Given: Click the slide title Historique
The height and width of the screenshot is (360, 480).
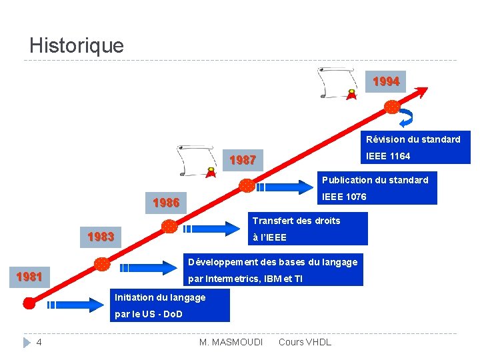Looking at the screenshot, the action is click(x=77, y=46).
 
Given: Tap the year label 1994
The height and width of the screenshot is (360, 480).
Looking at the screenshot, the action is click(x=386, y=82).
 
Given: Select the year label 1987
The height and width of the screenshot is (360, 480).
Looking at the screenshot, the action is click(x=243, y=161).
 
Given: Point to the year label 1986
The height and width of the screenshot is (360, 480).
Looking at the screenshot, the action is click(x=166, y=203).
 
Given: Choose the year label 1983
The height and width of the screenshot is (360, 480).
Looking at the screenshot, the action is click(x=101, y=237).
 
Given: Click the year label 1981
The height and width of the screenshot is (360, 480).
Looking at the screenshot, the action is click(x=29, y=277).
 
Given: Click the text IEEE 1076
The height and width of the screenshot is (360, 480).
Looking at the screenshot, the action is click(x=344, y=197).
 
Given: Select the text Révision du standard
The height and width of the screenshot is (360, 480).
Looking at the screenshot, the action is click(x=413, y=140).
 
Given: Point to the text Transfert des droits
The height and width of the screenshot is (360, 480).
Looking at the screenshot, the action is click(x=296, y=221).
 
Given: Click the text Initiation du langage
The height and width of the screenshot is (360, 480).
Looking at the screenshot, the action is click(x=160, y=297).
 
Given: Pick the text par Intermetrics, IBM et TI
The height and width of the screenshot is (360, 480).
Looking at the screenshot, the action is click(x=245, y=279).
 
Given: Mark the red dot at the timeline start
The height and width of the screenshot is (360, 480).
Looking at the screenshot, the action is click(x=29, y=303).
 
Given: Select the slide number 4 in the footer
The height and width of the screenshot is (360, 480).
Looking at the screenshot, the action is click(x=39, y=343).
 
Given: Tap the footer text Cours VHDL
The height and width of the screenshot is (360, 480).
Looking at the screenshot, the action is click(x=304, y=343).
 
